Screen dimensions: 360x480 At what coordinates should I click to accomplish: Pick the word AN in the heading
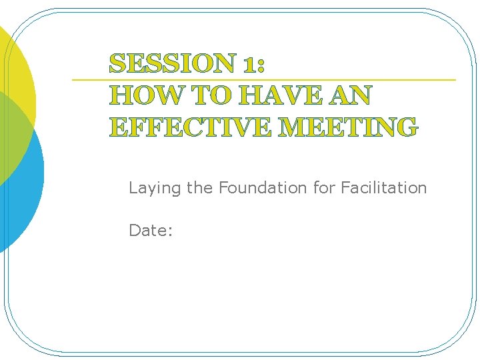[x=349, y=96]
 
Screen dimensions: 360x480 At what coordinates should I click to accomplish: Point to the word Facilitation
[x=383, y=188]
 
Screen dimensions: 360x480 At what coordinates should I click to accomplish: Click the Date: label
[x=151, y=231]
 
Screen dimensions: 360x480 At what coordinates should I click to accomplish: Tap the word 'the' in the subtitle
[x=199, y=188]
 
